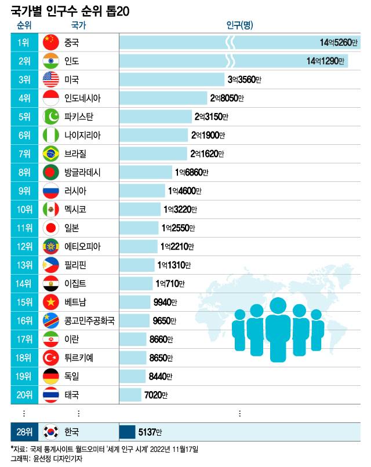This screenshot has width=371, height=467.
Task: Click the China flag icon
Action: point(52,42)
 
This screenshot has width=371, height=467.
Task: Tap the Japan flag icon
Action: point(52,228)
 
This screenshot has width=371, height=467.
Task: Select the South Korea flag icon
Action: point(52,432)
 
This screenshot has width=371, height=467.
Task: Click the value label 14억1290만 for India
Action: point(326,61)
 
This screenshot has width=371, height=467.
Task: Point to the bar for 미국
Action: point(172,79)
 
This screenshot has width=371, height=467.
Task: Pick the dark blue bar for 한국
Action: point(126,432)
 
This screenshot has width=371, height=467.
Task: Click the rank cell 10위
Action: point(24,209)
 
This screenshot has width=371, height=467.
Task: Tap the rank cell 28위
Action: point(24,432)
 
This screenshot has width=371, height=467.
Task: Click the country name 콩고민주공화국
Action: point(89,320)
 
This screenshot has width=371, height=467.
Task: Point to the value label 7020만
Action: point(156,395)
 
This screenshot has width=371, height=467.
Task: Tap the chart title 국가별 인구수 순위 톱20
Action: point(70,9)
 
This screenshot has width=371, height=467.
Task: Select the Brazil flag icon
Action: point(52,154)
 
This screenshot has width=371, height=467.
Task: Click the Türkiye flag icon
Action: point(52,358)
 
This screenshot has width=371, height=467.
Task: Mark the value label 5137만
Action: point(150,432)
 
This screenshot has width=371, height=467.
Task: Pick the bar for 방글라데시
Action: point(147,172)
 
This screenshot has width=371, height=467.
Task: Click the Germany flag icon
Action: point(52,377)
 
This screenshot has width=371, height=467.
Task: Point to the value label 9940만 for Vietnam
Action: point(165,302)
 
